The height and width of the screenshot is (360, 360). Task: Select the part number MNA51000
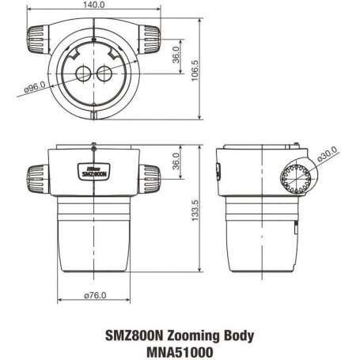coord(180,349)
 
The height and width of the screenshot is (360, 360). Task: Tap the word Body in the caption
coord(237,335)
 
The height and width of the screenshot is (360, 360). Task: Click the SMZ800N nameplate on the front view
coord(95,169)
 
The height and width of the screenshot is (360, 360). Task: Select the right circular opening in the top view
coord(106,74)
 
